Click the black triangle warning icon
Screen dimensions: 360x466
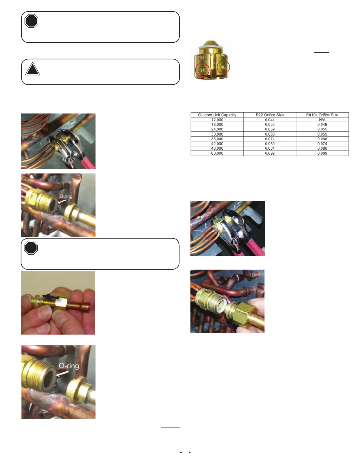(33, 69)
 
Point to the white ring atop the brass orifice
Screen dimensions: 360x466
(211, 47)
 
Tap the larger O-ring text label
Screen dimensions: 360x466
(69, 366)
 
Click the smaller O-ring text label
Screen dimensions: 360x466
(66, 196)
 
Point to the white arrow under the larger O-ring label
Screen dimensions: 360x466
(62, 373)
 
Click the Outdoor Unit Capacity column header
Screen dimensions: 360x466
(217, 115)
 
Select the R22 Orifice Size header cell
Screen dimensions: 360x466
(270, 115)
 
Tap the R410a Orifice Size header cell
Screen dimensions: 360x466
(322, 115)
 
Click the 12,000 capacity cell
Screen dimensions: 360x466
(217, 120)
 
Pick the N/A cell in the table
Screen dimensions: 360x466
(322, 120)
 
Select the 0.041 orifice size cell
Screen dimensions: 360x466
(270, 120)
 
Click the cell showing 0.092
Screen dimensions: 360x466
(270, 153)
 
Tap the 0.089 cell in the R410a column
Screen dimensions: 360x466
(322, 153)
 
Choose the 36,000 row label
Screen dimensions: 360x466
(217, 139)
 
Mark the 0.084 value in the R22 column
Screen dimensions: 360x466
(270, 148)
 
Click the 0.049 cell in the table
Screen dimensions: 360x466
(322, 124)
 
